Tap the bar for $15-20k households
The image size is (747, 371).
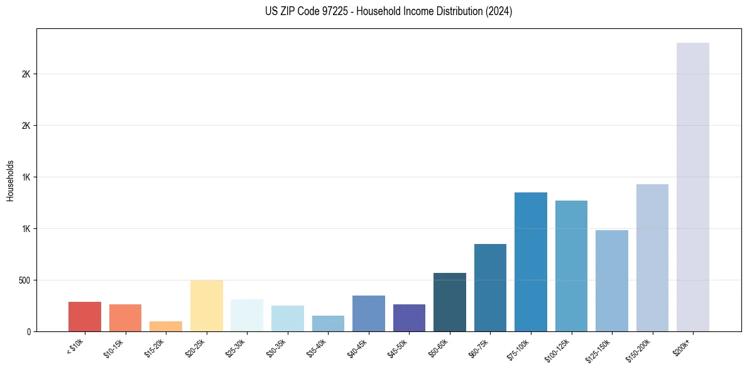pyautogui.click(x=166, y=326)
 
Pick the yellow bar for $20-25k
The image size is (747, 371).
pyautogui.click(x=206, y=306)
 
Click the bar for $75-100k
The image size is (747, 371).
pyautogui.click(x=530, y=262)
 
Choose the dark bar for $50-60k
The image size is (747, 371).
pyautogui.click(x=449, y=302)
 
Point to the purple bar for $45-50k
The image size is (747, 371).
pyautogui.click(x=409, y=318)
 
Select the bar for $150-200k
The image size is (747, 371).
pyautogui.click(x=652, y=258)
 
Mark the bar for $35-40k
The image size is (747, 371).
pyautogui.click(x=328, y=323)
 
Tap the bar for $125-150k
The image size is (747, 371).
pyautogui.click(x=611, y=280)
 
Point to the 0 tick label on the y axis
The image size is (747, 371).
pyautogui.click(x=28, y=331)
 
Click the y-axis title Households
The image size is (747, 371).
pyautogui.click(x=10, y=180)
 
